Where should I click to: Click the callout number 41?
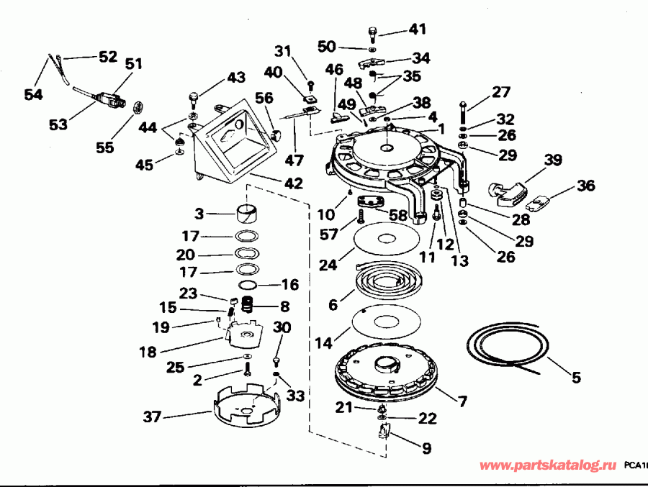(418, 29)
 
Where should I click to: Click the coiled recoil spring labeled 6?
(390, 282)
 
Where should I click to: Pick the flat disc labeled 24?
(387, 238)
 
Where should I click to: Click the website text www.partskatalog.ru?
(548, 466)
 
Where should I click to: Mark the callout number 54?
(33, 94)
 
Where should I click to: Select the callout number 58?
(397, 214)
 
